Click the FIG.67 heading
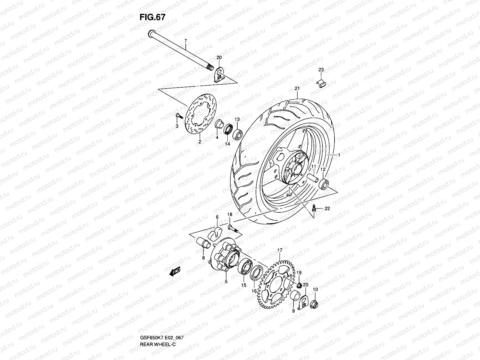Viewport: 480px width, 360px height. click(x=152, y=17)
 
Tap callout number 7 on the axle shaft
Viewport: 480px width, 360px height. click(x=185, y=40)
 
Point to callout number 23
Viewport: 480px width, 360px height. click(x=321, y=70)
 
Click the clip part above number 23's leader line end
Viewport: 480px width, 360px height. click(x=322, y=84)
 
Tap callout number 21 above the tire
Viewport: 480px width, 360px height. click(x=297, y=88)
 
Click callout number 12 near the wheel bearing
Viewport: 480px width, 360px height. click(x=323, y=169)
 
